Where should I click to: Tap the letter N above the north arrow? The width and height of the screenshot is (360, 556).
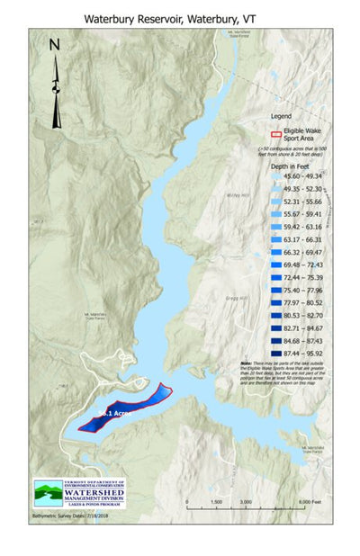54,44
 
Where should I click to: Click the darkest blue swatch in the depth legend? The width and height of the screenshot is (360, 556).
276,354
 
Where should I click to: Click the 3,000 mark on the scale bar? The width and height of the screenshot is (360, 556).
246,502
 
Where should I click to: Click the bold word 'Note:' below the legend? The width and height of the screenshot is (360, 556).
272,364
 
